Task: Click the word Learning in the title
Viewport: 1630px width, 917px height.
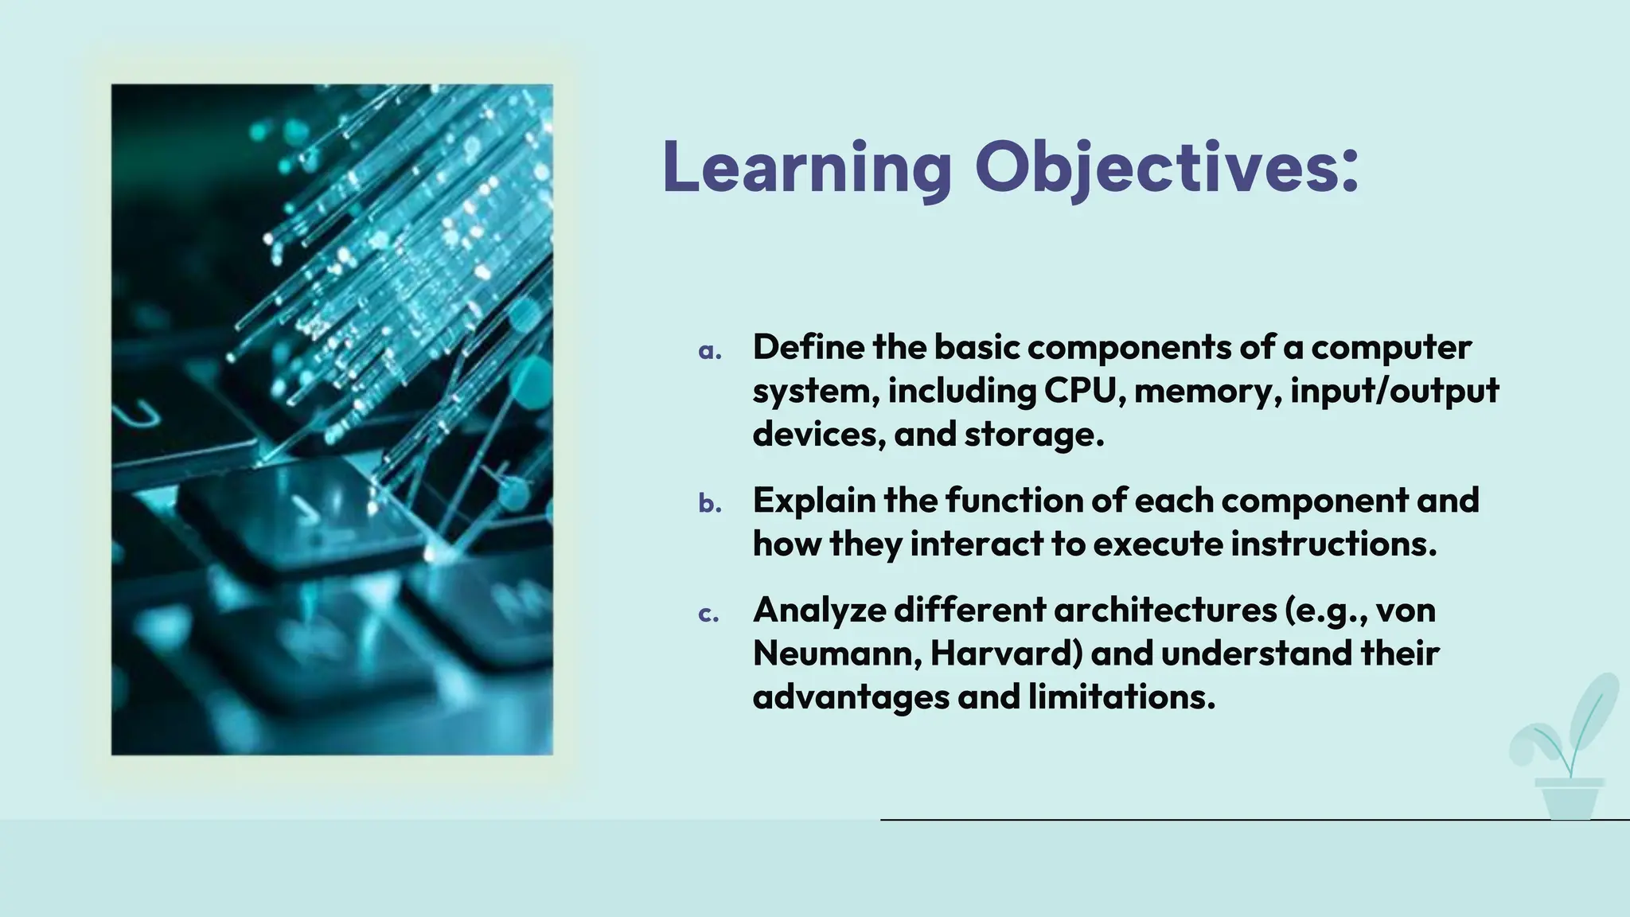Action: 806,167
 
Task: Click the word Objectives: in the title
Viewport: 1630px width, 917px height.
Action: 1167,167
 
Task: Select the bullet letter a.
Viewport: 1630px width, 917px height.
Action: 709,351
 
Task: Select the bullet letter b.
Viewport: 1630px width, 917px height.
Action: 709,503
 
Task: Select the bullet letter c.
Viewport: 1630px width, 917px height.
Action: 708,615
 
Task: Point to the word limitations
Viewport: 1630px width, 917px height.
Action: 1121,697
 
